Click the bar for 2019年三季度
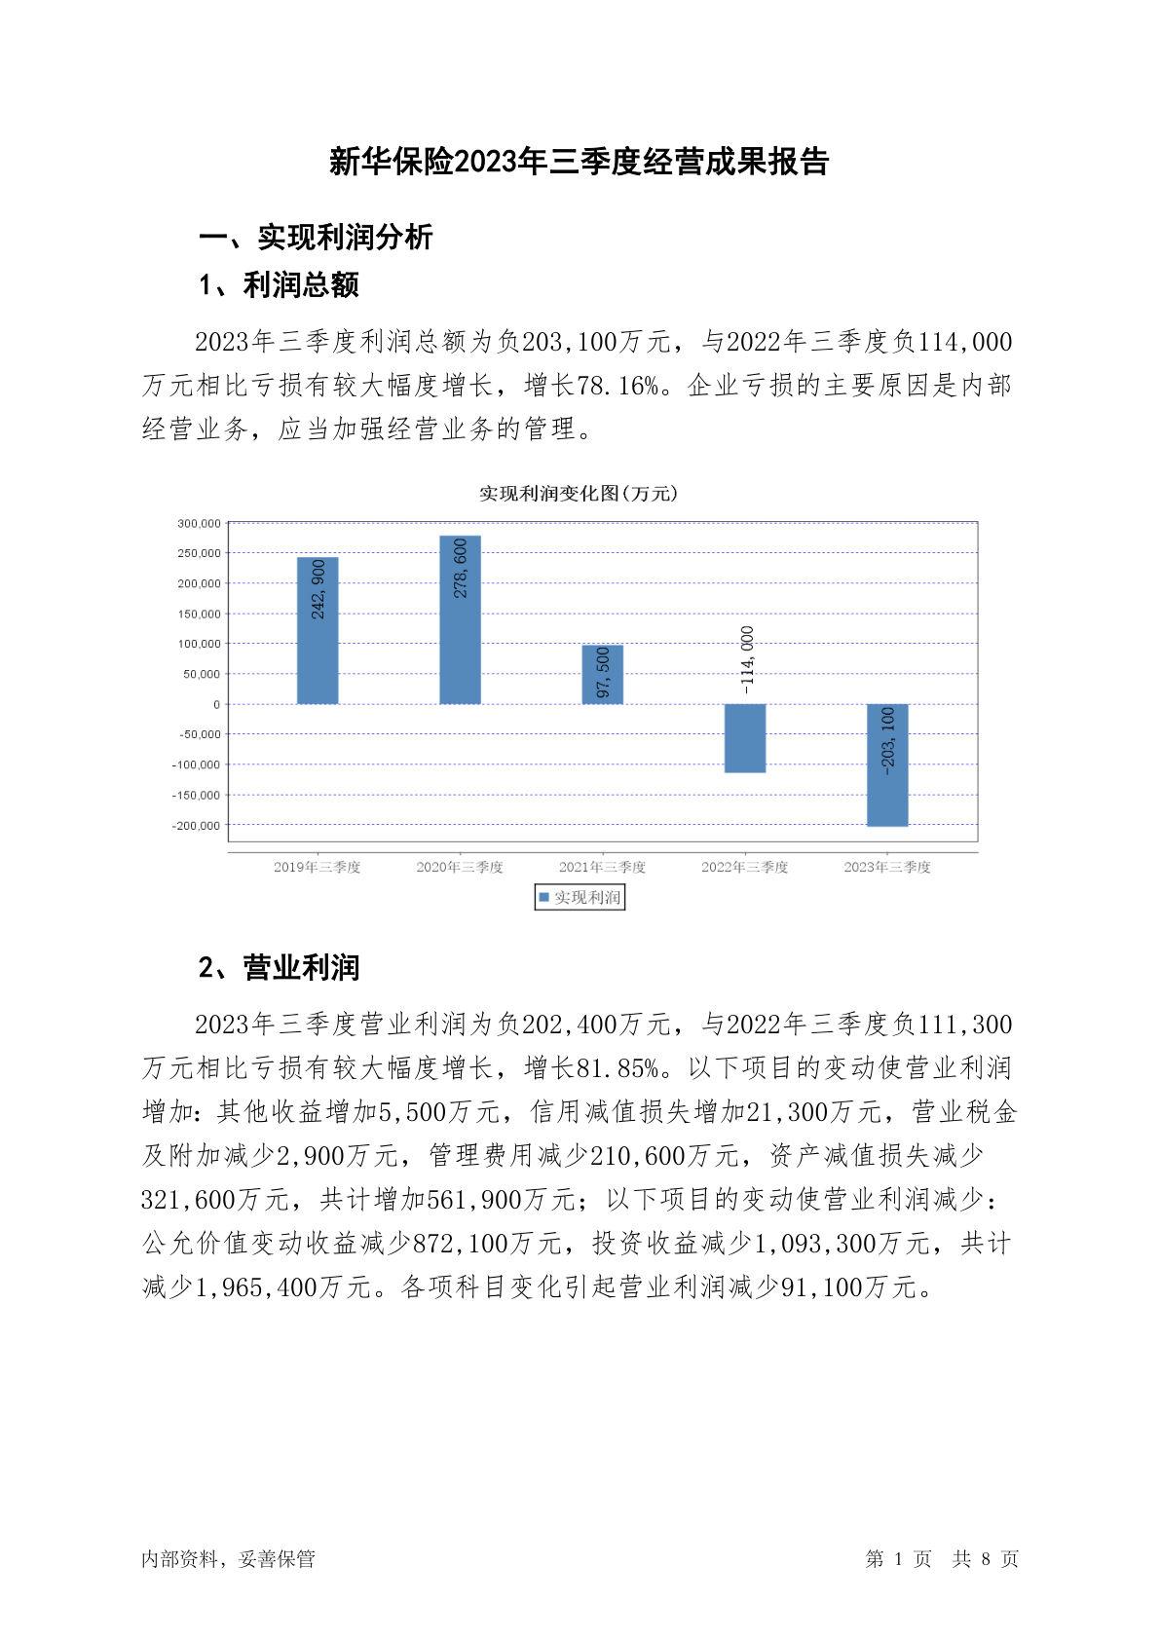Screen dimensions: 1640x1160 click(x=318, y=630)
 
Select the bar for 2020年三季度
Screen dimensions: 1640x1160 click(x=460, y=619)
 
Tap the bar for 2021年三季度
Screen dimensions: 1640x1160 click(x=602, y=674)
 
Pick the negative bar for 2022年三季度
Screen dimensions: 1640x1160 click(x=745, y=738)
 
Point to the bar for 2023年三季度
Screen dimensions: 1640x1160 click(x=887, y=764)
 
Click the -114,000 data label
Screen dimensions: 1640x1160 click(x=747, y=659)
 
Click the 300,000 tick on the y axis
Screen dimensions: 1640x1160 click(x=199, y=524)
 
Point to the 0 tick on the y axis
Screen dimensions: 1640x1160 click(x=216, y=704)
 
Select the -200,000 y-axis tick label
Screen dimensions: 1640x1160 click(x=197, y=826)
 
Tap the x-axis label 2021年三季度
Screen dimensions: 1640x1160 click(x=602, y=867)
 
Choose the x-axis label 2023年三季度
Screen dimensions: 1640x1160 click(x=887, y=867)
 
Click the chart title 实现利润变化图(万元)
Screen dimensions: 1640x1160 click(x=579, y=494)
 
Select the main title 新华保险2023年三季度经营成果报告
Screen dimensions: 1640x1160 click(x=580, y=162)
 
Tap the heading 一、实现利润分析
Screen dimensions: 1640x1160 click(x=316, y=237)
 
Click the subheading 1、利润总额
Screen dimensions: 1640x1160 click(x=280, y=285)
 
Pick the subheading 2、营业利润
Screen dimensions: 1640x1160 click(x=280, y=967)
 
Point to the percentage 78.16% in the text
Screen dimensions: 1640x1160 click(x=617, y=386)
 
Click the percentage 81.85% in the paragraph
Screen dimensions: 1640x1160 click(x=617, y=1068)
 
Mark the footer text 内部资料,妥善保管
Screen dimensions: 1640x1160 click(x=229, y=1559)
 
